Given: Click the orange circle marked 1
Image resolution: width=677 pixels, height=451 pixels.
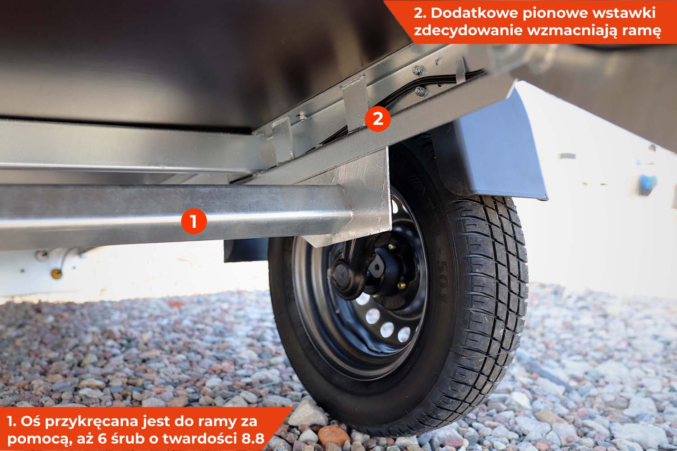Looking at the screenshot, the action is click(194, 221).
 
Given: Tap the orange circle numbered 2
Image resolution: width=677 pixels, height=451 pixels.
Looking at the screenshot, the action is click(378, 119).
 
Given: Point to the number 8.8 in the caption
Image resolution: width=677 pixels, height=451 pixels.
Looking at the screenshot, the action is click(253, 439).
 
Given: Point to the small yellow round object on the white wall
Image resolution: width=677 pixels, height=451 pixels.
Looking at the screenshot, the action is click(56, 274).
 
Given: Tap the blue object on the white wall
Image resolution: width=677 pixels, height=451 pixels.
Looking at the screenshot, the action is click(648, 183).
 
